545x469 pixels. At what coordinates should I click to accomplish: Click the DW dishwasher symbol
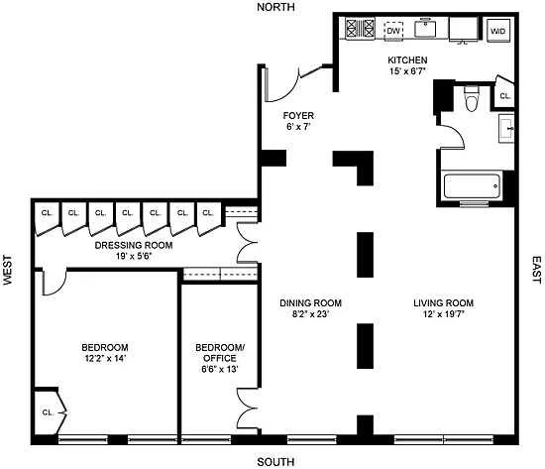393,31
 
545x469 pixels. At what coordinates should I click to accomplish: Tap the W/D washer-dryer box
497,31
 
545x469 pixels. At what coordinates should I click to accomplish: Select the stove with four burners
360,28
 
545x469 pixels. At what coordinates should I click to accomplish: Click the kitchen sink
425,28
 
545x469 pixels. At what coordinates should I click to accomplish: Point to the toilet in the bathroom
472,98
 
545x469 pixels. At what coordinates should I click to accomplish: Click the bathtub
473,186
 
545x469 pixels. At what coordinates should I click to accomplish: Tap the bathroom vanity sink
506,128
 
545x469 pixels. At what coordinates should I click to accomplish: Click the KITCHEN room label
407,60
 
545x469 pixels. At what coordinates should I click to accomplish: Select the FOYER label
298,115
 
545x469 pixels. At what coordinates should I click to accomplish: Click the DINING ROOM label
311,303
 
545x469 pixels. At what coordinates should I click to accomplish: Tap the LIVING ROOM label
444,303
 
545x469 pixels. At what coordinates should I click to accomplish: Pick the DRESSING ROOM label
134,245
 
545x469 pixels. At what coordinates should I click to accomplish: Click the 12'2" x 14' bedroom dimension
105,358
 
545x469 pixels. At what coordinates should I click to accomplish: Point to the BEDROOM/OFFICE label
220,353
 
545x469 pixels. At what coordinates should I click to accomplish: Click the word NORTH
275,7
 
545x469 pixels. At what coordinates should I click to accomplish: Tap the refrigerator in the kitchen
464,29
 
